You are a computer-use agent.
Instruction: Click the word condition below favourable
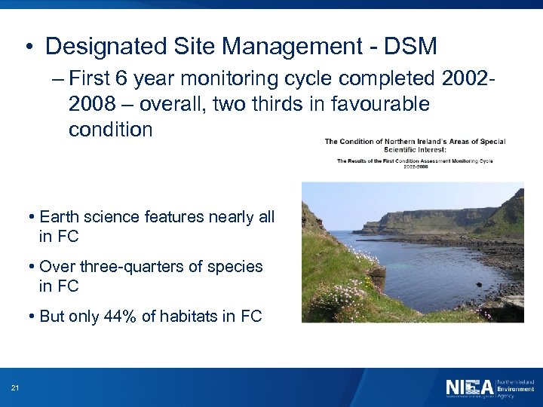click(110, 129)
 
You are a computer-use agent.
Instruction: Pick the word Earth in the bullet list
click(59, 218)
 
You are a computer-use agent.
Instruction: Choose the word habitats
click(188, 317)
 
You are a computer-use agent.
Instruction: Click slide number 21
click(15, 388)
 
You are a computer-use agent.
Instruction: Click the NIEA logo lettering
click(469, 387)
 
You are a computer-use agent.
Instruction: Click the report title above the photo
click(415, 145)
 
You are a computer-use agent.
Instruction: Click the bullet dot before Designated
click(27, 47)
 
